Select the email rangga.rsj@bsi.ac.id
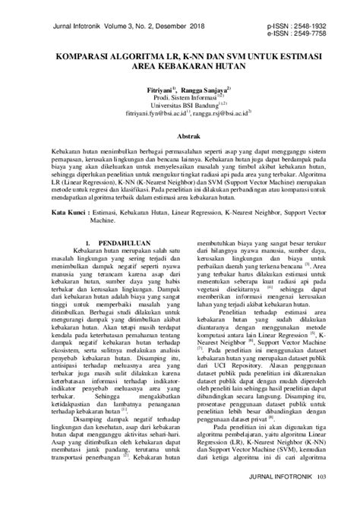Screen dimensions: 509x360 click(221, 115)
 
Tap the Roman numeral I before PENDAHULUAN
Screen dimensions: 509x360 click(90, 242)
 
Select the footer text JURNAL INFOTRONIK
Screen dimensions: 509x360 click(280, 499)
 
